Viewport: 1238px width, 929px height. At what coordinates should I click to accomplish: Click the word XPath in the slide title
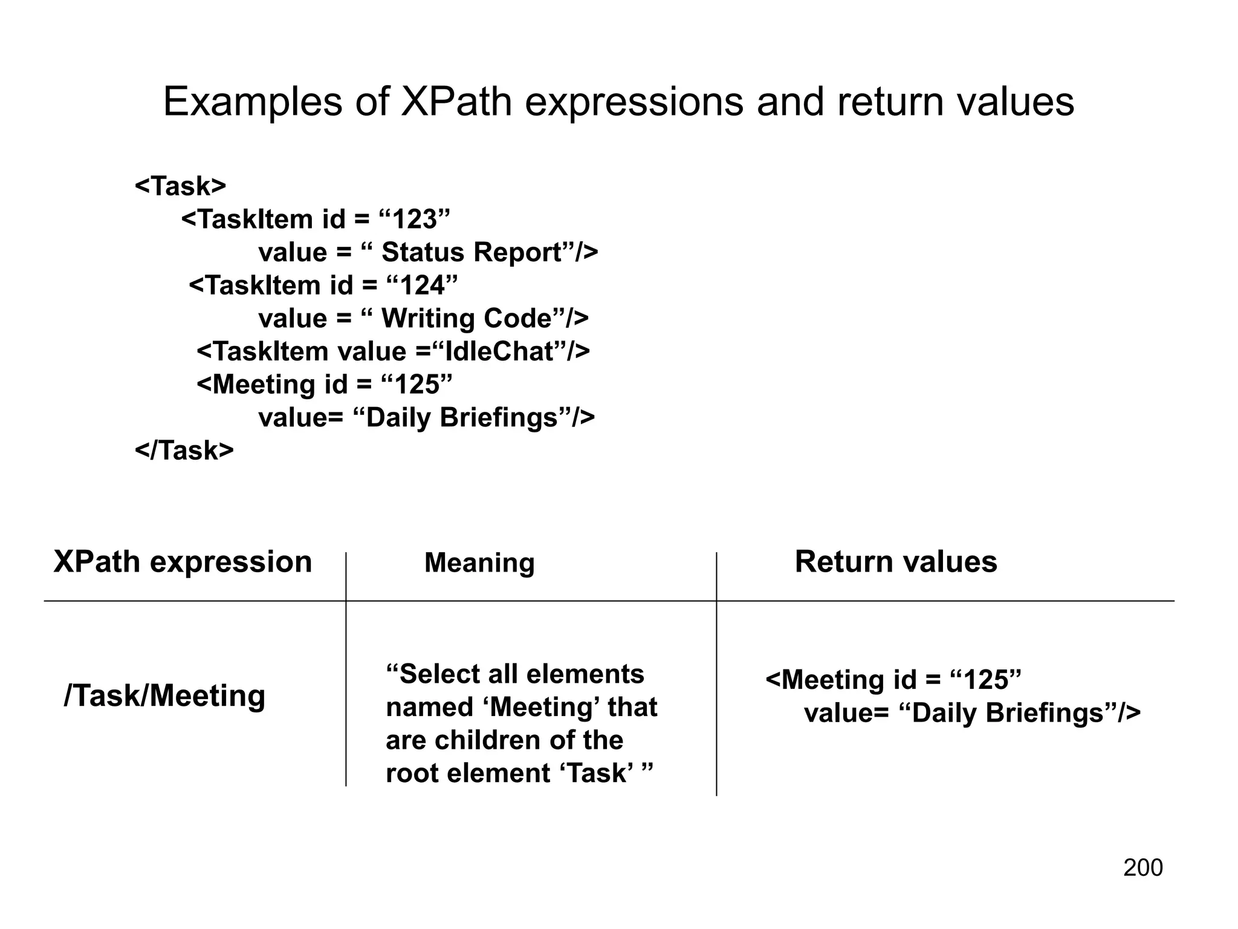[x=456, y=102]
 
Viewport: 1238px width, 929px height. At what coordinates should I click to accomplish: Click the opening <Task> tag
[x=180, y=186]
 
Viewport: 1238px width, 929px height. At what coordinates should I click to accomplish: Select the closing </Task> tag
[x=184, y=451]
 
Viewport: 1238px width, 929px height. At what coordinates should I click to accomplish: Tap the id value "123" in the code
[x=414, y=219]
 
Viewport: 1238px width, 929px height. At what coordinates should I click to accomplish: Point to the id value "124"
[x=421, y=285]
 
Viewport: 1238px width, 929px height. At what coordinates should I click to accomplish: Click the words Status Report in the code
[x=472, y=252]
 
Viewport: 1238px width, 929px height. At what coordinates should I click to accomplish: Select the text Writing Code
[x=467, y=319]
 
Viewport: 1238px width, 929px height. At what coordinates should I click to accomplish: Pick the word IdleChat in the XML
[x=499, y=351]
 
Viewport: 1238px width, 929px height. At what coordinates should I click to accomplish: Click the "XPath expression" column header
[x=183, y=562]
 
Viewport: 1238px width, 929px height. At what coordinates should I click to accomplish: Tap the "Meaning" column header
[x=479, y=563]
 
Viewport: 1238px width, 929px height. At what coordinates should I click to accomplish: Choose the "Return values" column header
[x=896, y=562]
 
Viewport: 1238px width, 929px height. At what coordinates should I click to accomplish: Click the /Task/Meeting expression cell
[x=164, y=696]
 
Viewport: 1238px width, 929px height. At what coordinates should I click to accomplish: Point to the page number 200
[x=1142, y=868]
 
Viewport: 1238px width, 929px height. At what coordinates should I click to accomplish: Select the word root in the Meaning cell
[x=407, y=774]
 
